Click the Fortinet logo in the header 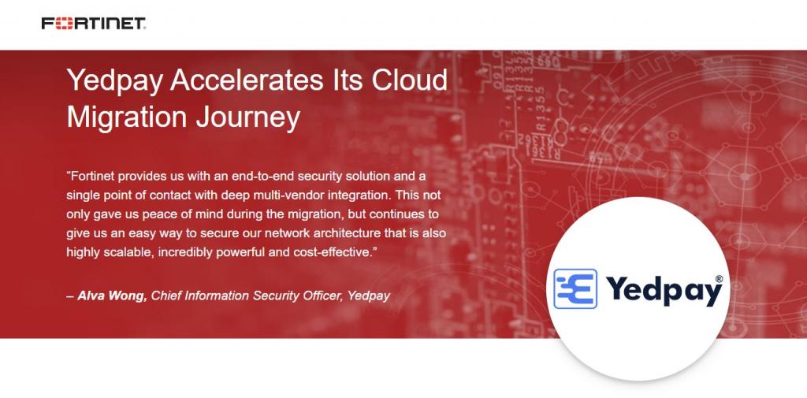(94, 23)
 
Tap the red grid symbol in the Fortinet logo (65, 23)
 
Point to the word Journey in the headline (247, 118)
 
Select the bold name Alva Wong (112, 296)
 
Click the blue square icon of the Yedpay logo (575, 289)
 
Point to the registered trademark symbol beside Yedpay (719, 278)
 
